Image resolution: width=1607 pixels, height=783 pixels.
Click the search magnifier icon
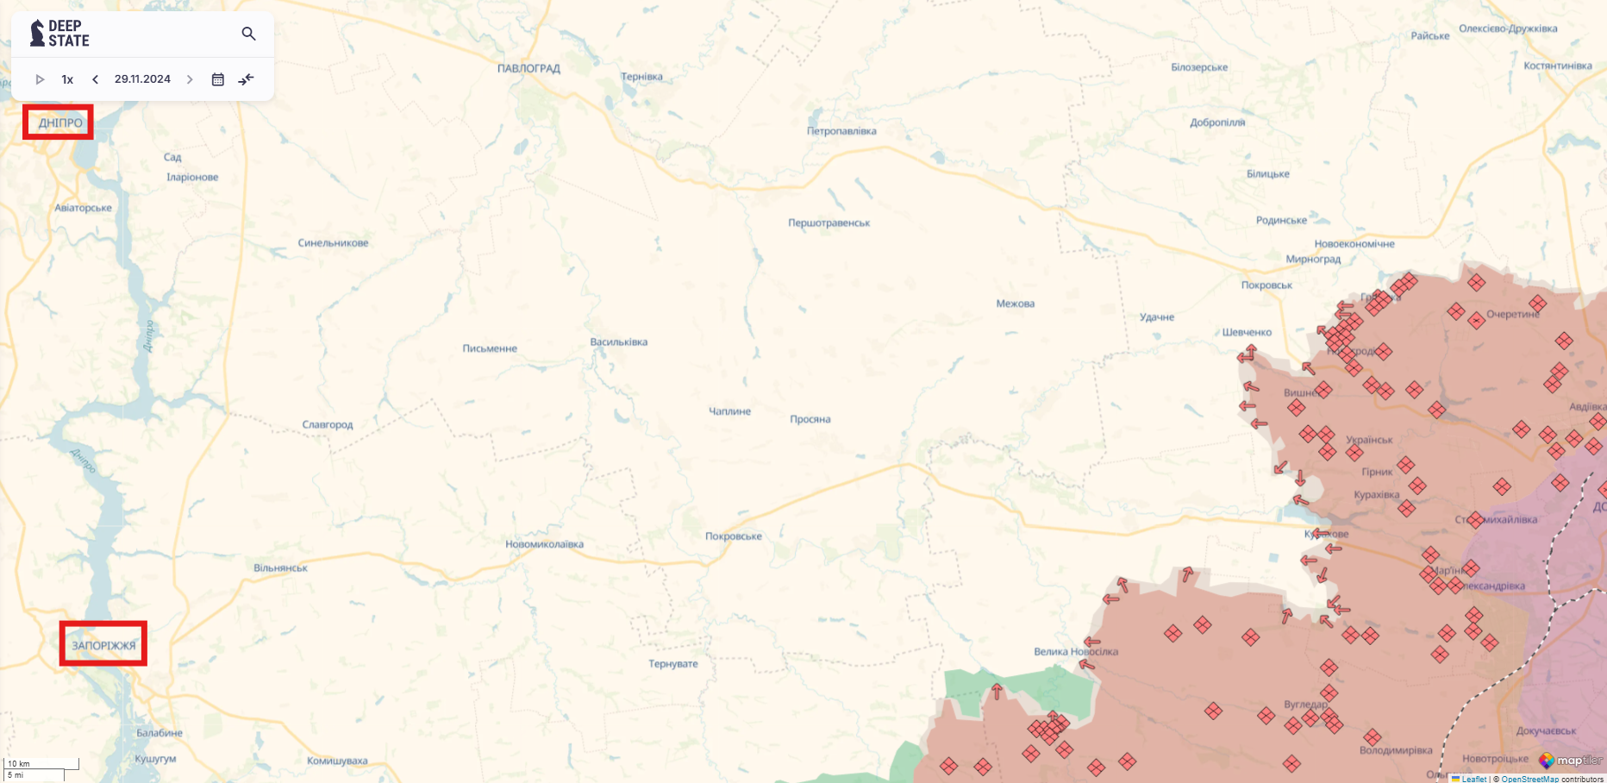(248, 34)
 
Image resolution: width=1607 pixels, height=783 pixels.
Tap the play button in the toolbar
(40, 79)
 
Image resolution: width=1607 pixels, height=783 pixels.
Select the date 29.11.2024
(142, 79)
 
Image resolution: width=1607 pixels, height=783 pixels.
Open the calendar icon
(218, 79)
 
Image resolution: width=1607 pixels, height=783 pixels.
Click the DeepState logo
(59, 33)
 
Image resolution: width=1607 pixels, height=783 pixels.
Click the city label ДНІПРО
(60, 122)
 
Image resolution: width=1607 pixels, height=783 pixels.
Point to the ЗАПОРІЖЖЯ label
(103, 645)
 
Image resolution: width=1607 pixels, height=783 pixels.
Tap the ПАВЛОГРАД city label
(528, 68)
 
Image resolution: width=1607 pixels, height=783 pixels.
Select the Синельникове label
(333, 243)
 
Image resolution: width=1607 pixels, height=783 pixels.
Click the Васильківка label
(618, 342)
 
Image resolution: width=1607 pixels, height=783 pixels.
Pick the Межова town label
(1015, 304)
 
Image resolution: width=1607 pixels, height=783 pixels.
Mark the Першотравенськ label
(829, 223)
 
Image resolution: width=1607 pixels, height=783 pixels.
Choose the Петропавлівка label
(841, 131)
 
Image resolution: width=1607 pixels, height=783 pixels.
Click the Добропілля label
(1217, 122)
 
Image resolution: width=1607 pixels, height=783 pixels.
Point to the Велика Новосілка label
(1075, 652)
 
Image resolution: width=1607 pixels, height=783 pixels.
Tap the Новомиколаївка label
(544, 544)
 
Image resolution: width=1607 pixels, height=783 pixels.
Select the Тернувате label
(673, 664)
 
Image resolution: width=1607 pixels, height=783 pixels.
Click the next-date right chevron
(190, 79)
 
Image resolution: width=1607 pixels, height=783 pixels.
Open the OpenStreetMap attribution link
(1529, 779)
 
